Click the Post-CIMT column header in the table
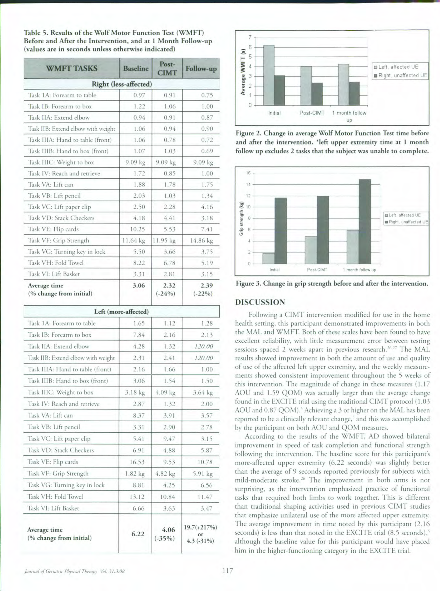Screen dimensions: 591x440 pyautogui.click(x=167, y=68)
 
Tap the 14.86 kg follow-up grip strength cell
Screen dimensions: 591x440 pyautogui.click(x=201, y=241)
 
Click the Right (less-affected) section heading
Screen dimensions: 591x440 pyautogui.click(x=122, y=84)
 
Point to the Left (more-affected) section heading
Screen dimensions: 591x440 pyautogui.click(x=121, y=311)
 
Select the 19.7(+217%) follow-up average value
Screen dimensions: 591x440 pyautogui.click(x=201, y=527)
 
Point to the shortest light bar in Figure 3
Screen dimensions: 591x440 pyautogui.click(x=268, y=258)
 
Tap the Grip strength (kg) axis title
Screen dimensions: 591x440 pyautogui.click(x=241, y=218)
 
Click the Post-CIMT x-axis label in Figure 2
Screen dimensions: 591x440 pyautogui.click(x=312, y=113)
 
